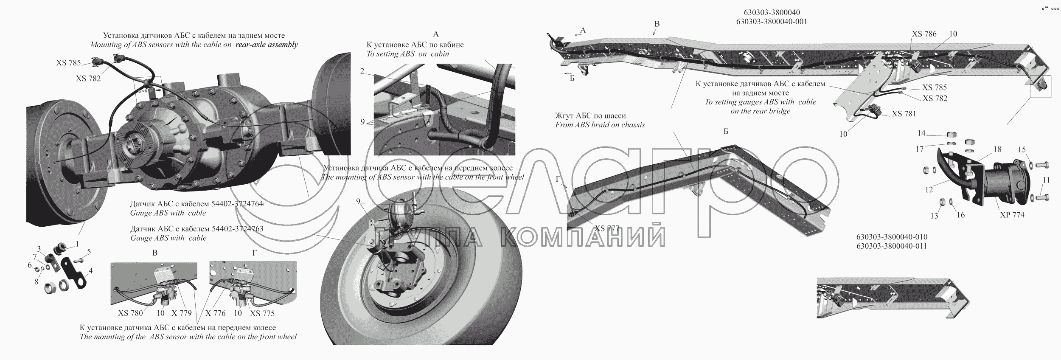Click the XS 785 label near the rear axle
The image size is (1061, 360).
(68, 63)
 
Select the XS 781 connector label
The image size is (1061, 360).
(904, 114)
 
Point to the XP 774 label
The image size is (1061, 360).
(1012, 215)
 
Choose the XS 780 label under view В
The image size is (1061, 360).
(130, 313)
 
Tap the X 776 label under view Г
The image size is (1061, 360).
(215, 313)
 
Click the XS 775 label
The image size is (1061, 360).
(262, 313)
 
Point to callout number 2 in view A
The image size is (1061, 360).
(362, 71)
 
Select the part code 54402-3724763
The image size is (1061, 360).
(240, 229)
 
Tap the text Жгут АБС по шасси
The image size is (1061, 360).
(590, 115)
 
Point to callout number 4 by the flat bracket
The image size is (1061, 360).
(90, 270)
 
